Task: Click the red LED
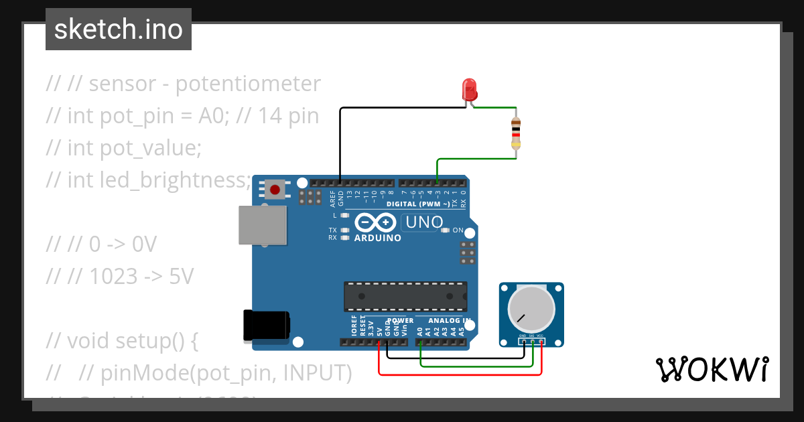(x=469, y=89)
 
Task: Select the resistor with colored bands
(x=515, y=133)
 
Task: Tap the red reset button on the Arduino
(x=274, y=190)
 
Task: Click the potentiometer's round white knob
(x=531, y=309)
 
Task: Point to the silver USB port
(x=263, y=224)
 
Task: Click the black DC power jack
(x=266, y=326)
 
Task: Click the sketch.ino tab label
(x=119, y=29)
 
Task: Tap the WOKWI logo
(x=712, y=369)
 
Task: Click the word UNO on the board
(x=423, y=222)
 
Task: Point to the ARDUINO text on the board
(x=378, y=238)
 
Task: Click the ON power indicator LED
(x=445, y=230)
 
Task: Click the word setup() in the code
(x=148, y=341)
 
